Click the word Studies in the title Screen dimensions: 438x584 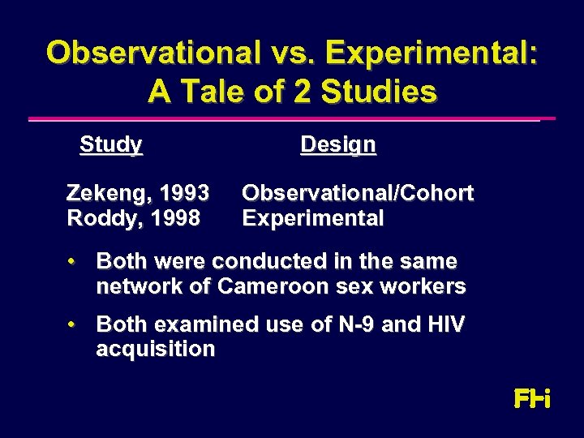tap(379, 91)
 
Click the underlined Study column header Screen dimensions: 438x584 tap(111, 145)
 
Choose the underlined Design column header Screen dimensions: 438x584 tap(337, 145)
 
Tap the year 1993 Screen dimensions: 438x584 tap(185, 194)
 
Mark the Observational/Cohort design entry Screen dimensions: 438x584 tap(358, 194)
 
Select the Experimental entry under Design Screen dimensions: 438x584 tap(313, 219)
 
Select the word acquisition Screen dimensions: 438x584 tap(155, 350)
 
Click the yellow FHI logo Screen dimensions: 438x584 tap(532, 399)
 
